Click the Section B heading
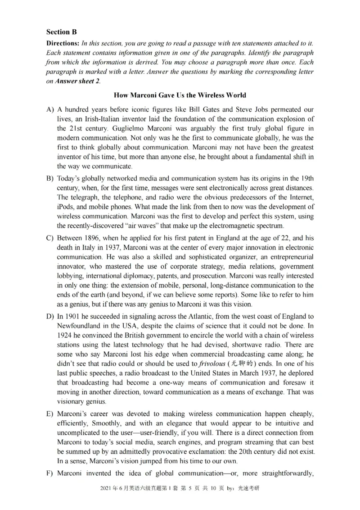tap(62, 32)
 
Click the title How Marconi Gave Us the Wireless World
tap(180, 95)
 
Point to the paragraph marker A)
tap(50, 109)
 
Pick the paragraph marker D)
tap(50, 316)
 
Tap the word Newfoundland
tap(80, 326)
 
